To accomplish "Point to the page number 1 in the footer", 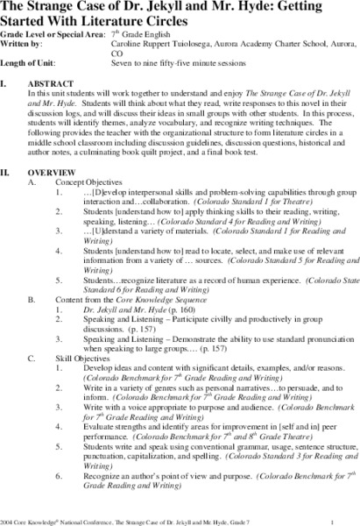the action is (x=348, y=516).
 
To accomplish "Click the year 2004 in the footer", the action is (x=8, y=516).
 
